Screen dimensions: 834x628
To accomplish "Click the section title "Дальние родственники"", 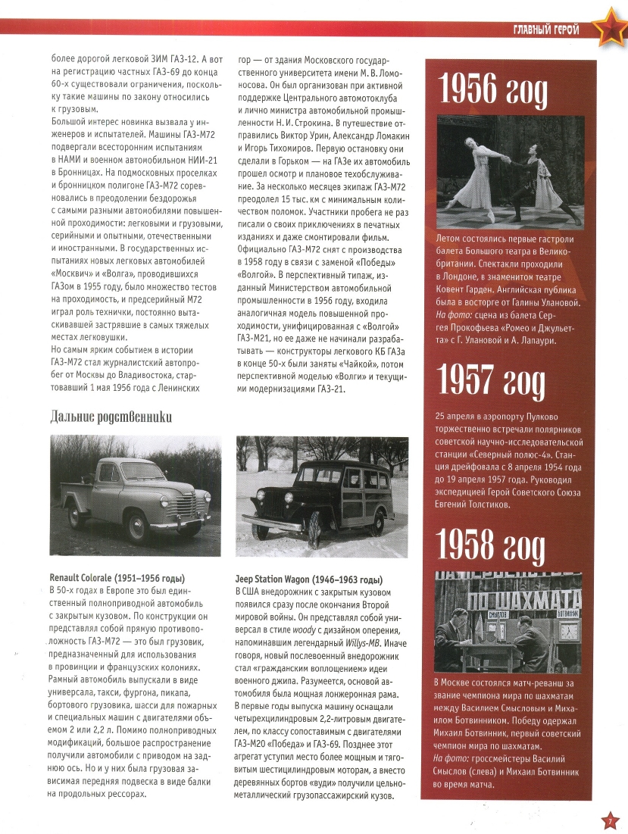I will pos(111,416).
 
